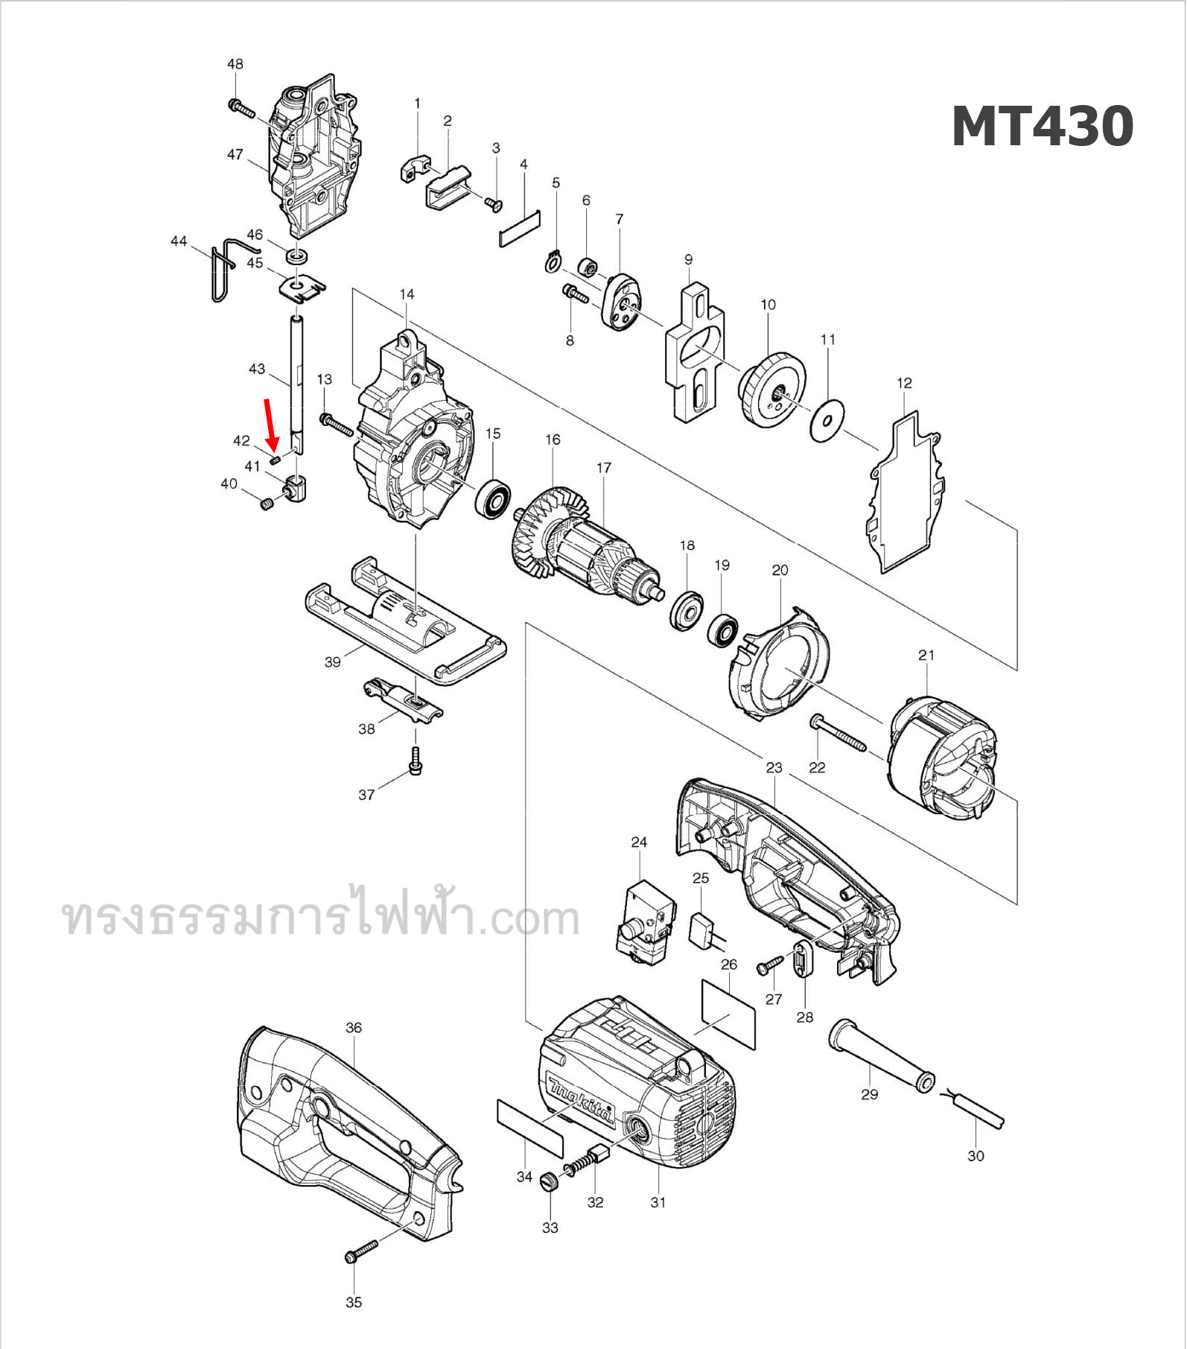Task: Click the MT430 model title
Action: tap(1042, 126)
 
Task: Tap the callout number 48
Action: tap(235, 64)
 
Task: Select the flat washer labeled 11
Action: tap(827, 421)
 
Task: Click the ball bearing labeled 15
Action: tap(492, 501)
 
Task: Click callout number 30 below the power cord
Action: tap(976, 1156)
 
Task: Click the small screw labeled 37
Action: tap(416, 761)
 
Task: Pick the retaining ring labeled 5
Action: tap(551, 262)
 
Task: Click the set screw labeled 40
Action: tap(267, 506)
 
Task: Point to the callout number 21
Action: tap(926, 656)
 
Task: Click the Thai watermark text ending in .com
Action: tap(321, 917)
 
